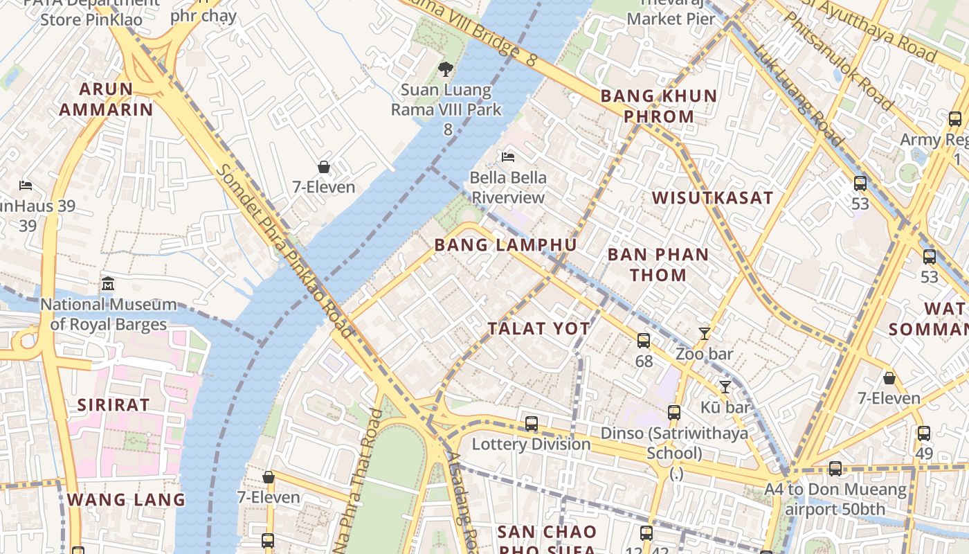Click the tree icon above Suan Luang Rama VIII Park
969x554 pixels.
click(x=446, y=69)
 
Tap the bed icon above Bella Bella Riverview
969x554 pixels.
click(x=508, y=157)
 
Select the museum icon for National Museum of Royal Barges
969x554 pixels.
click(x=108, y=283)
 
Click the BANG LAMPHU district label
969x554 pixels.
click(x=505, y=244)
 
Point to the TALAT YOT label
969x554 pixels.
click(x=539, y=328)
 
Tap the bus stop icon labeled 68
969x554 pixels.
click(x=644, y=340)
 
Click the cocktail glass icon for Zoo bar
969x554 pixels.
click(x=705, y=333)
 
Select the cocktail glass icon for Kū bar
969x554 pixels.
click(x=725, y=386)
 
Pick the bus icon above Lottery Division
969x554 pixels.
click(x=532, y=423)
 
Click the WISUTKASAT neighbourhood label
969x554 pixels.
click(x=712, y=197)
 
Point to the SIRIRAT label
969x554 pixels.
click(x=113, y=405)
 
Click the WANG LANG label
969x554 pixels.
click(x=126, y=499)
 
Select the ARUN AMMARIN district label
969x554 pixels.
click(x=106, y=99)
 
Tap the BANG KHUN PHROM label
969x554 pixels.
click(x=659, y=106)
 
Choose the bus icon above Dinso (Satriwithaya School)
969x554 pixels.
click(x=674, y=413)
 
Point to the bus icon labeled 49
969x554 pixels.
click(x=924, y=434)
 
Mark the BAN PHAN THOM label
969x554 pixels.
click(x=658, y=265)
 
